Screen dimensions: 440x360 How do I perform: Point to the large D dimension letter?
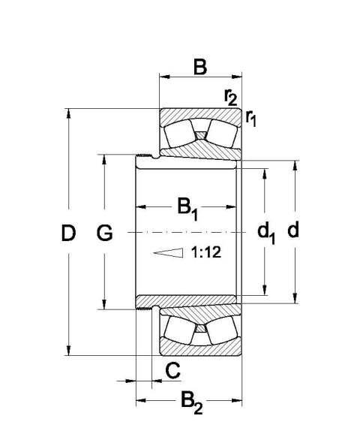[69, 234]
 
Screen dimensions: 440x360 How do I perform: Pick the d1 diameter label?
[266, 234]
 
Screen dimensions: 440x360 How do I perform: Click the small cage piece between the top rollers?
[200, 135]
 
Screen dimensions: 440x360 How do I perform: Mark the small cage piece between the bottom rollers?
[200, 328]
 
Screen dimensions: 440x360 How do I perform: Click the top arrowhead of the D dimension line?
[69, 115]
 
